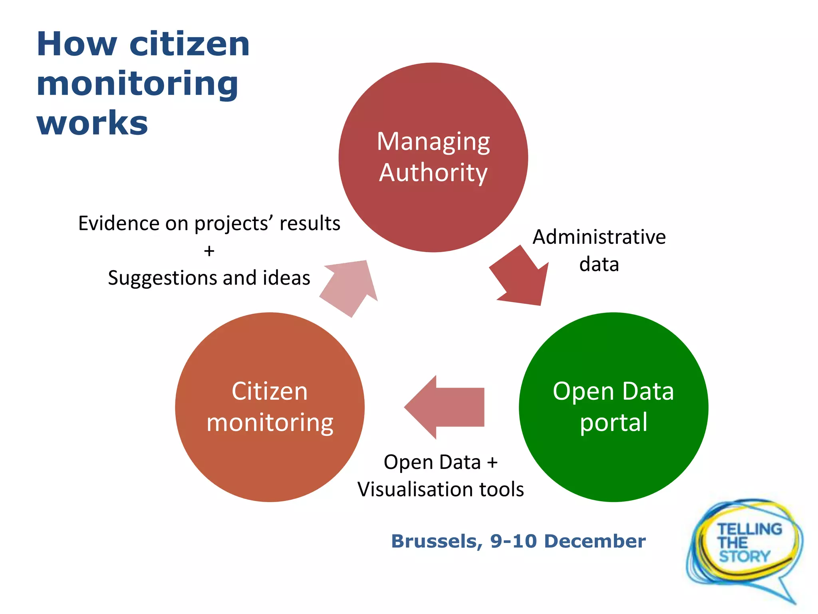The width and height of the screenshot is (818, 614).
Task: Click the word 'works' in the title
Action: coord(92,123)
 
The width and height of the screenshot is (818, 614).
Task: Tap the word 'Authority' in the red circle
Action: coord(433,173)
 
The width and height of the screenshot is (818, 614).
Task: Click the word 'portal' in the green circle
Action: coord(613,423)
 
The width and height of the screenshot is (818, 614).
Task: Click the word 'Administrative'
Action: coord(599,237)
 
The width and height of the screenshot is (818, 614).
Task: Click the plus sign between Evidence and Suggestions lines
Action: coord(209,251)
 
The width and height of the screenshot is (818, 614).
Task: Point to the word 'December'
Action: coord(595,541)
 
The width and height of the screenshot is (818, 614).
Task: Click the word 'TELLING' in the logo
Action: coord(749,529)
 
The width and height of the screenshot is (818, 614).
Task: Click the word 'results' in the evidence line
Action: coord(310,223)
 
